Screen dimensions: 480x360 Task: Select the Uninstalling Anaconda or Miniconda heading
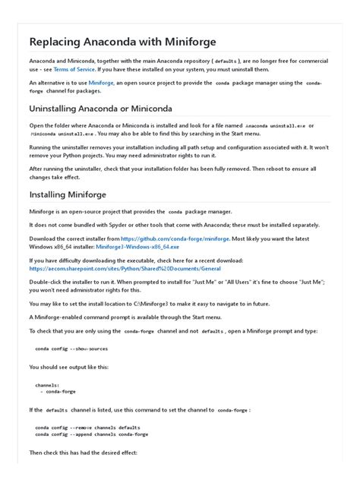(100, 109)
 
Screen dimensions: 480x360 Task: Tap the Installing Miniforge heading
(68, 194)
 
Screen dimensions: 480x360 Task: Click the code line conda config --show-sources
(71, 349)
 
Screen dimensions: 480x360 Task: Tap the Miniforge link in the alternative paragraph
(101, 82)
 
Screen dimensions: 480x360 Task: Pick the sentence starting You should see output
(68, 367)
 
